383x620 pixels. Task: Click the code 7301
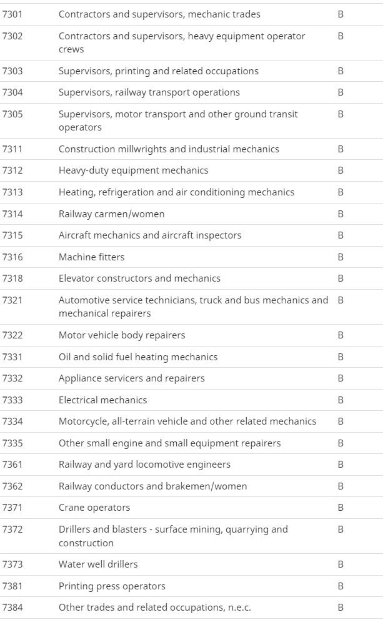[12, 14]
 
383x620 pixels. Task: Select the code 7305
[12, 114]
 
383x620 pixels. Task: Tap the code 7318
[12, 278]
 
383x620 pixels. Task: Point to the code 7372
[12, 529]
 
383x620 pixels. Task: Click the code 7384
[12, 608]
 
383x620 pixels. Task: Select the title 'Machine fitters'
[91, 257]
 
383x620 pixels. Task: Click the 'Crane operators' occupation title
[94, 508]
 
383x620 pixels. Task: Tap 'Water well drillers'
[98, 564]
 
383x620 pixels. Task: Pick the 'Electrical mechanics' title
[103, 400]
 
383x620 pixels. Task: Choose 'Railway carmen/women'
[112, 214]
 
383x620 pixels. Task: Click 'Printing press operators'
[112, 586]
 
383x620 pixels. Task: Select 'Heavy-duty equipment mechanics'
[134, 170]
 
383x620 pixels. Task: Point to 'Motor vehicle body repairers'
[122, 335]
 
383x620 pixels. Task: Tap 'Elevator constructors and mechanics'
[139, 278]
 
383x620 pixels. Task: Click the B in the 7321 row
[341, 300]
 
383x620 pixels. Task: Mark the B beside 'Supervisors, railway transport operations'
[341, 92]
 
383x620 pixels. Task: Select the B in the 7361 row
[341, 465]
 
